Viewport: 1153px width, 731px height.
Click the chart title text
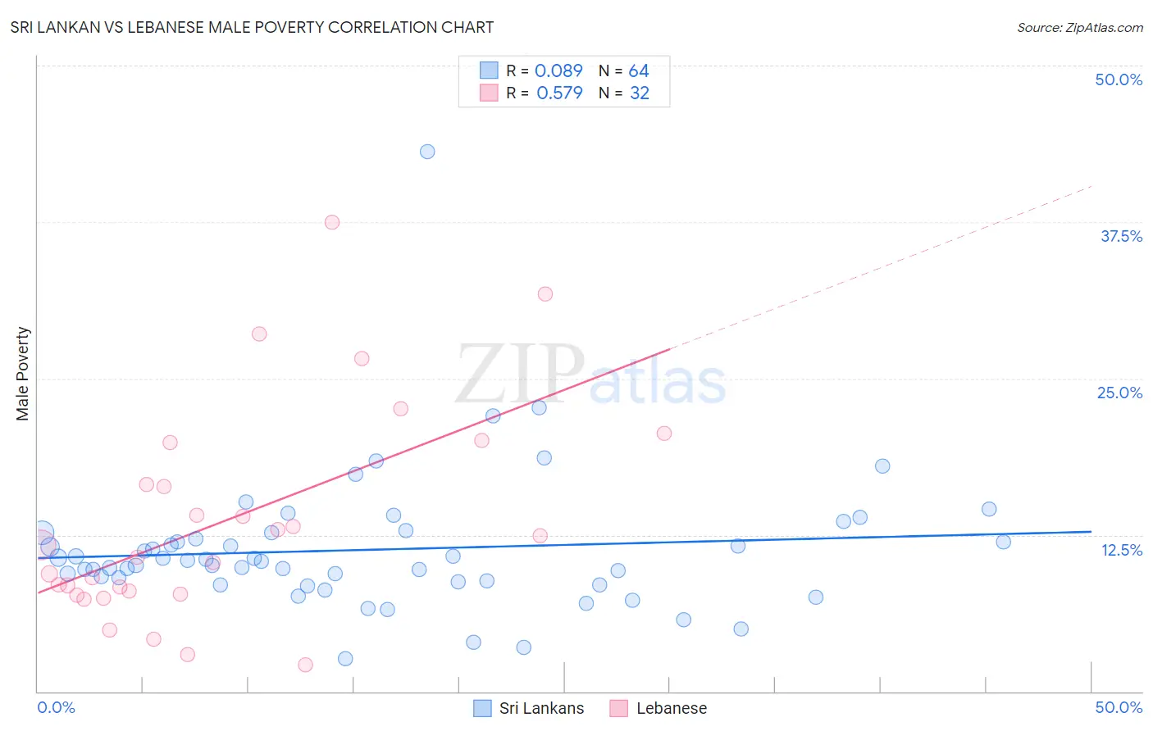252,27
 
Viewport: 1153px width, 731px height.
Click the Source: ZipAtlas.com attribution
1079,27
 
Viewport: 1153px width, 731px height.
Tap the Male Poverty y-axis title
23,374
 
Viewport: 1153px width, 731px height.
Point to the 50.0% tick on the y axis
1119,79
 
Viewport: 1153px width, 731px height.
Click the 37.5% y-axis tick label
1121,236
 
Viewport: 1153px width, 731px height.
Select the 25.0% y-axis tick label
1119,393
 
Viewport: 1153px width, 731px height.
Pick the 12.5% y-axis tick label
1121,550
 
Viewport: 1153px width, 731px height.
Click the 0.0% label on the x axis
56,707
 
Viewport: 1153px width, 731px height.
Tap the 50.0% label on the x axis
1119,707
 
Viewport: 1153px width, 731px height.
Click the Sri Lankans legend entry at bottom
530,708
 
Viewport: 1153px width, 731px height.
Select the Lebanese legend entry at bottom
659,708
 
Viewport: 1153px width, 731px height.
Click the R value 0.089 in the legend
558,71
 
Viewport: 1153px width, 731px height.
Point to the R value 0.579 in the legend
559,93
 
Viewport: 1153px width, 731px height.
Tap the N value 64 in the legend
639,71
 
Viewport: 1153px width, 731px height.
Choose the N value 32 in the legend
640,93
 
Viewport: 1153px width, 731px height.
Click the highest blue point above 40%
427,152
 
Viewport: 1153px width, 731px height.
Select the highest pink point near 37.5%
332,222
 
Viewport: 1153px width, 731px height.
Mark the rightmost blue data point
1003,542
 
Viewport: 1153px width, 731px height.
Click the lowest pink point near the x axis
305,665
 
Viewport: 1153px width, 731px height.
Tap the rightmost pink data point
664,434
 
